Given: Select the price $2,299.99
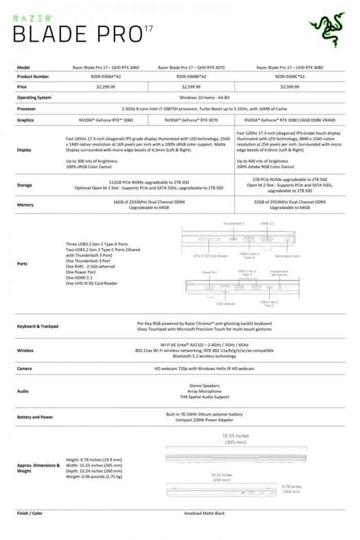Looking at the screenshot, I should pos(105,87).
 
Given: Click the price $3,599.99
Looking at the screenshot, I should pos(290,87).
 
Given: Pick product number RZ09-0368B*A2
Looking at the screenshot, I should pos(191,77).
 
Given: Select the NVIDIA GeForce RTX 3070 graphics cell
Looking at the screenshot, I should pos(191,120).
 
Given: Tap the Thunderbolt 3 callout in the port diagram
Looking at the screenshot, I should pos(233,224).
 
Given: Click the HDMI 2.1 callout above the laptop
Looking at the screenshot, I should pos(267,224).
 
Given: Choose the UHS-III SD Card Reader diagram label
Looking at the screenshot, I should pos(207,256).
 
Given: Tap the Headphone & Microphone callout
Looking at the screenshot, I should pos(279,273).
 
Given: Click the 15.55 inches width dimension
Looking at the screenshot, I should pos(236,435).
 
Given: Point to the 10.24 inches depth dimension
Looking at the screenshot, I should pos(222,475).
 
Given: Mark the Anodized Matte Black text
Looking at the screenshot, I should pos(204,513).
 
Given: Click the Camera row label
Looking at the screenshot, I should pos(25,369).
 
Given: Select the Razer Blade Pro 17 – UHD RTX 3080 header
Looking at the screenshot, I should pos(290,67).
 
